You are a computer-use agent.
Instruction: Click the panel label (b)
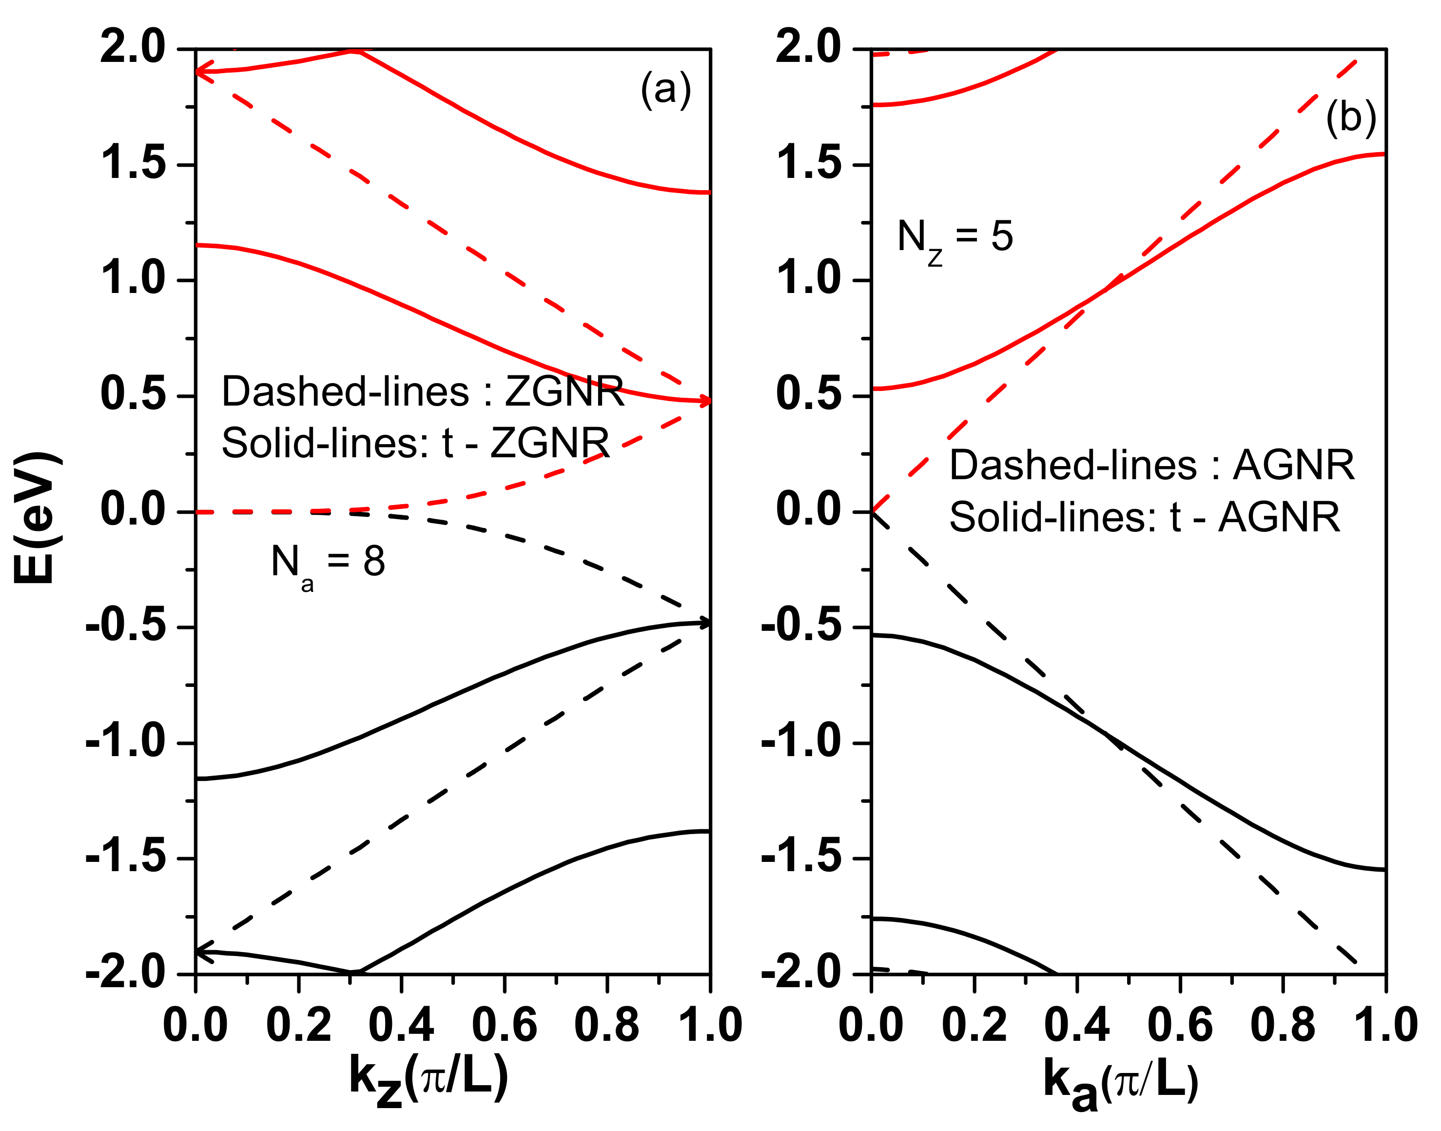(1351, 118)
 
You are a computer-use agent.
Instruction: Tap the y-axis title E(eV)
(37, 517)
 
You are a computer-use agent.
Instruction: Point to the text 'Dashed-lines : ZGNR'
(423, 391)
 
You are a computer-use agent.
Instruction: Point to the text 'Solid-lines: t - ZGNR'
(415, 442)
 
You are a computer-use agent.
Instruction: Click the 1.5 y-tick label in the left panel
(133, 164)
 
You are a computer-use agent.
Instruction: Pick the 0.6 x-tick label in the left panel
(504, 1025)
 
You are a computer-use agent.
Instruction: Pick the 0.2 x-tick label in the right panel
(974, 1025)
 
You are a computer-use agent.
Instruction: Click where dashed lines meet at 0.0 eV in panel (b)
(872, 511)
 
